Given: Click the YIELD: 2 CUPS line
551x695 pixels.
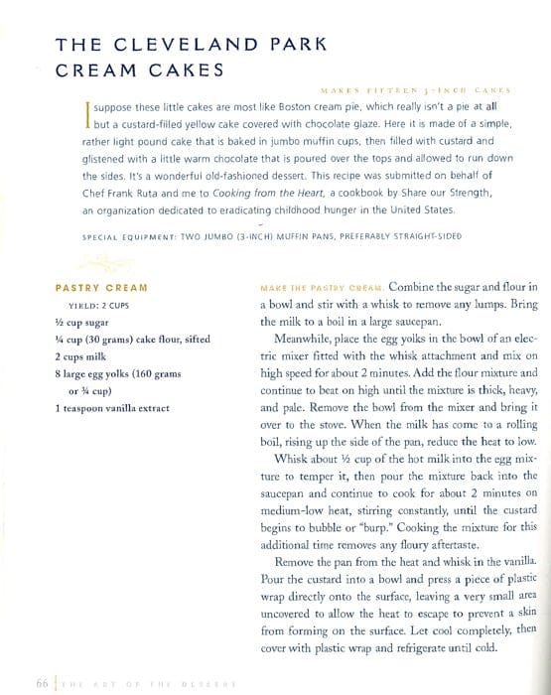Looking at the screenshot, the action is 102,306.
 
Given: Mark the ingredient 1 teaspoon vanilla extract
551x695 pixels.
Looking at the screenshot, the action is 112,407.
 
